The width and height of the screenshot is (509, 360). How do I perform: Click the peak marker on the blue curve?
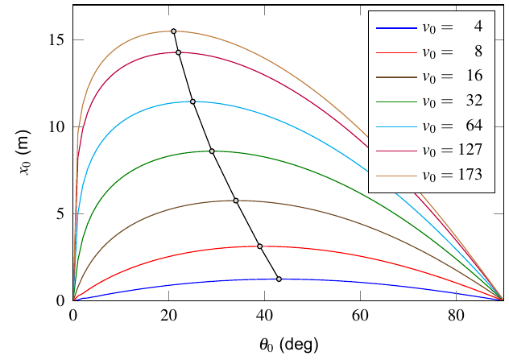click(x=279, y=279)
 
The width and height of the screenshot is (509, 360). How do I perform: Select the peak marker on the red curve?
click(x=259, y=246)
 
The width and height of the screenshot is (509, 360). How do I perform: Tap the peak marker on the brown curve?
click(x=235, y=201)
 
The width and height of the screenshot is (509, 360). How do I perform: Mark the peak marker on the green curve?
click(x=212, y=151)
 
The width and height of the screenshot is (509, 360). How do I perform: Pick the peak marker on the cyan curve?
click(x=192, y=101)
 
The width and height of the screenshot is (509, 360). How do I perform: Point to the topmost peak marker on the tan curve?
click(x=173, y=31)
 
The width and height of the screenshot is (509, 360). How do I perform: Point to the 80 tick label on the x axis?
click(x=455, y=315)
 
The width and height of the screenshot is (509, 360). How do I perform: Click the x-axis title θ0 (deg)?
click(x=288, y=345)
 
